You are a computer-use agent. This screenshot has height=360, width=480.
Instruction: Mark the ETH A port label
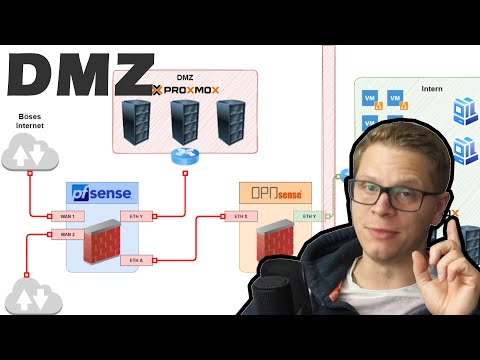[137, 260]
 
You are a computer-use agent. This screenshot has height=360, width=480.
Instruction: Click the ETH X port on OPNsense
[241, 215]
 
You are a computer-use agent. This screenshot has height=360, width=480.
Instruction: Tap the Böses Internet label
[30, 123]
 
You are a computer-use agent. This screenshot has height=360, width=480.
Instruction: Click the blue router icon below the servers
[185, 155]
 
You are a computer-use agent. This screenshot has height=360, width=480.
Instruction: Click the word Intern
[431, 89]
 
